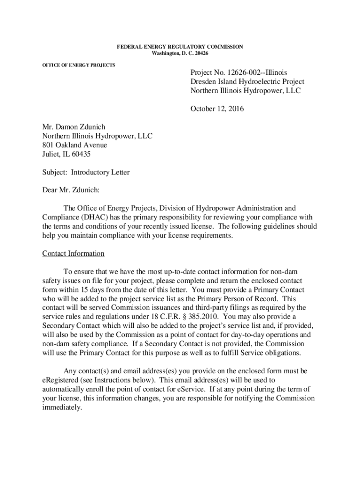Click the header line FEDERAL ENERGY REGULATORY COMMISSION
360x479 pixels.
180,47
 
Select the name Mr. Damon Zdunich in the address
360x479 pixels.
73,127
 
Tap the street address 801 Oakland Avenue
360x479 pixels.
75,145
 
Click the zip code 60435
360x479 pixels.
80,154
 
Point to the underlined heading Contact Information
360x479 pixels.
73,254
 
